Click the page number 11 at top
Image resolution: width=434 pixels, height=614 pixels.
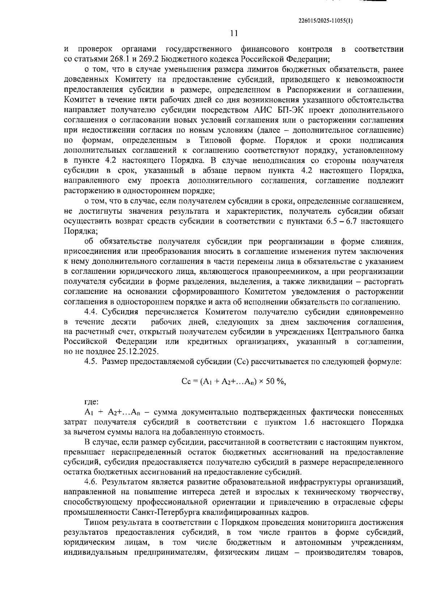(234, 33)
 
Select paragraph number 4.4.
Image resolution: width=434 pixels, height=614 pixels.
(92, 312)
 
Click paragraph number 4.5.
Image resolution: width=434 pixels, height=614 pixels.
(92, 362)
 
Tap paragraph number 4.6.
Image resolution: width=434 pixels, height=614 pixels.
(92, 482)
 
